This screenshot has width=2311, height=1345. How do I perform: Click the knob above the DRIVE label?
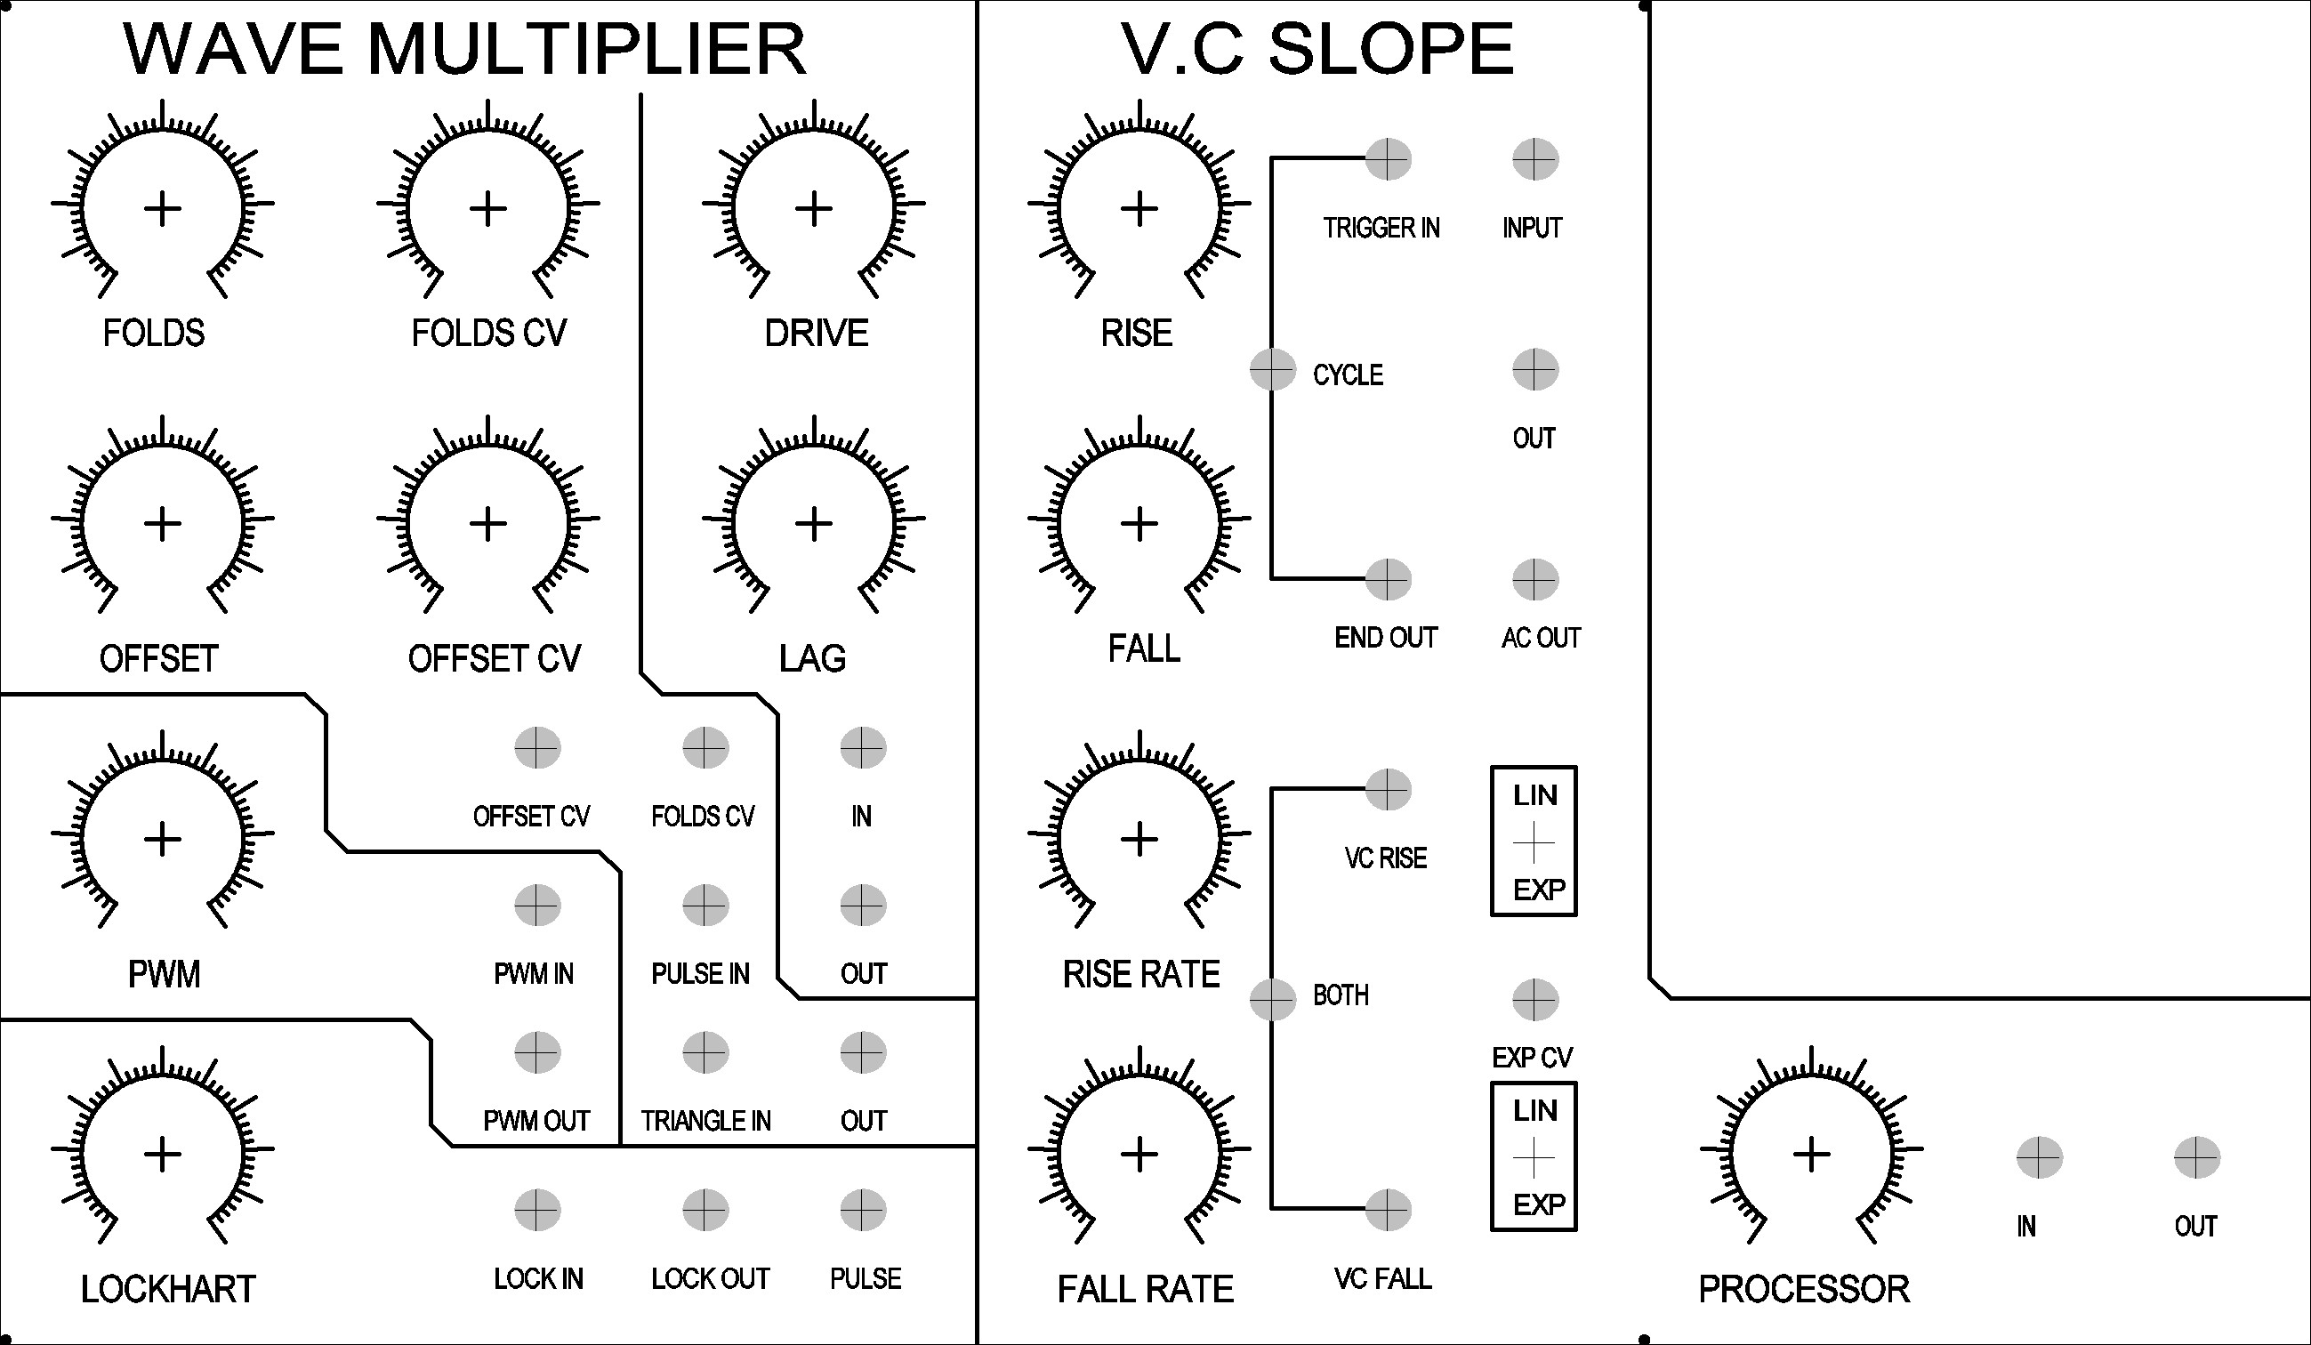(813, 208)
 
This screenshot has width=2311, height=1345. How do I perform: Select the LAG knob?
(813, 524)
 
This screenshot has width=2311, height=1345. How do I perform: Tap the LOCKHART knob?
(162, 1154)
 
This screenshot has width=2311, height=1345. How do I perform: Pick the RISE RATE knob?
(1139, 839)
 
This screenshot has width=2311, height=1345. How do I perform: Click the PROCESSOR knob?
(1811, 1154)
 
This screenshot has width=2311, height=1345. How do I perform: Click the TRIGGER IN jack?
(1388, 159)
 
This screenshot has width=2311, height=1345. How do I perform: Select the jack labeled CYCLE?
(1273, 369)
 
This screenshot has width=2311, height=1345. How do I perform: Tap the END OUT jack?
(1388, 579)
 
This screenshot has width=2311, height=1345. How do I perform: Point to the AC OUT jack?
(1535, 579)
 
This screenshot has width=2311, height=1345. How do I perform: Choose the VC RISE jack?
(1388, 789)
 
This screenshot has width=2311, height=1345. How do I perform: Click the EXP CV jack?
(1535, 999)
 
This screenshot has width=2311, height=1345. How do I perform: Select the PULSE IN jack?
(705, 906)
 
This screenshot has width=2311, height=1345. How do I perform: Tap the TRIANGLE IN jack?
(705, 1052)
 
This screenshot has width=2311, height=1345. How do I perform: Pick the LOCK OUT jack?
(705, 1210)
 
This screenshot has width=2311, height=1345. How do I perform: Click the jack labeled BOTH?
(1273, 999)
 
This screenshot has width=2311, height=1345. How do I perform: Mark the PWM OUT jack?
(537, 1052)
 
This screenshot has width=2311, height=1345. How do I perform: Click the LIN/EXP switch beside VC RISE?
(1534, 842)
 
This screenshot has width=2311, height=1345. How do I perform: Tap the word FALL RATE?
(1146, 1289)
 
